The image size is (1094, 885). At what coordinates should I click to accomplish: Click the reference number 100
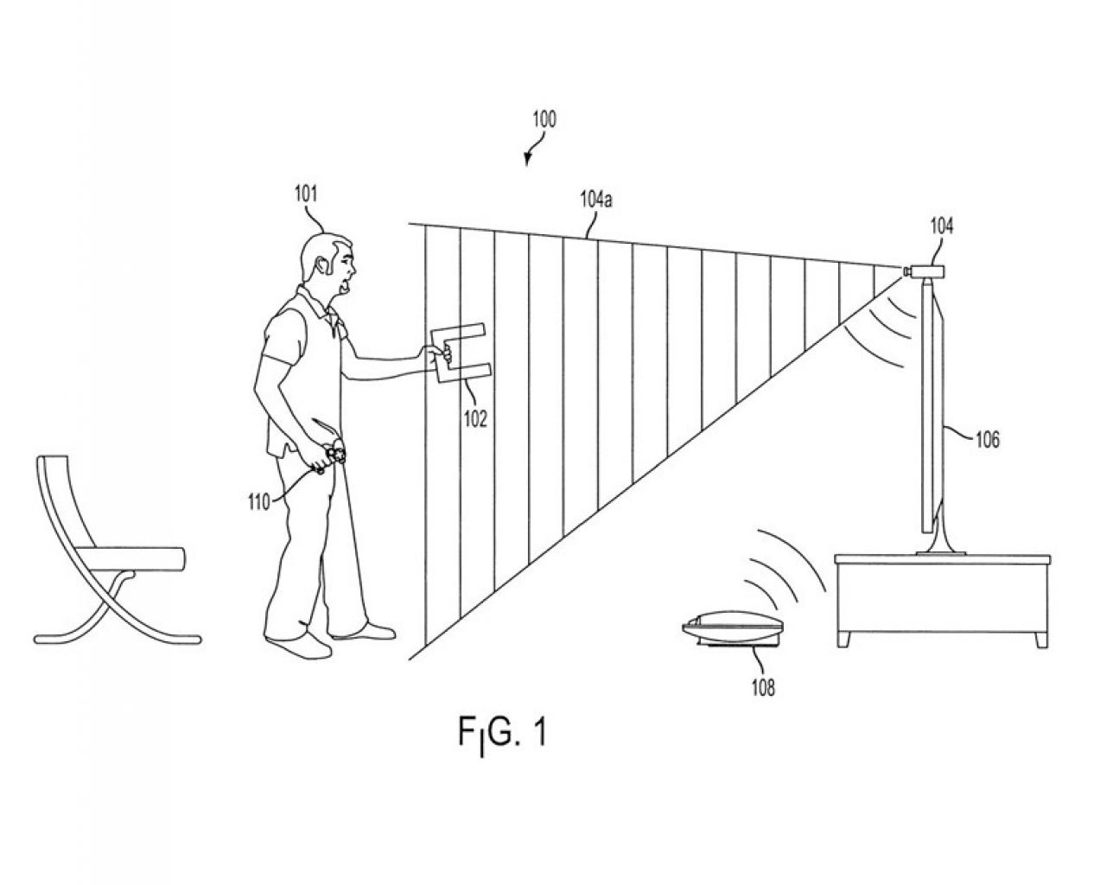[544, 119]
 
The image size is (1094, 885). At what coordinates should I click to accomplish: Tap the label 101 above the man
[306, 194]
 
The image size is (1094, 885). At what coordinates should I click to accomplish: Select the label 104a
[595, 199]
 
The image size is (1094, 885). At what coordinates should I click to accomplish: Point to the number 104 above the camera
[941, 226]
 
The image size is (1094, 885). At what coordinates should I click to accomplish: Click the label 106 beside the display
[988, 440]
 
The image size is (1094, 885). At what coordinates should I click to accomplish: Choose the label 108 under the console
[763, 687]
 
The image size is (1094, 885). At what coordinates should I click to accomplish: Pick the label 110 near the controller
[259, 501]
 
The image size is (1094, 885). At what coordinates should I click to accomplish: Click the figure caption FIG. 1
[502, 735]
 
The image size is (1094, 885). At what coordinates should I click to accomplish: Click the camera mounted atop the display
[924, 271]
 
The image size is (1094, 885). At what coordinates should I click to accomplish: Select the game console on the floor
[733, 631]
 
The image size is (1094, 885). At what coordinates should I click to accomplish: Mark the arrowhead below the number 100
[526, 161]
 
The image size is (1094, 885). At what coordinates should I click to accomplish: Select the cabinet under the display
[941, 600]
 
